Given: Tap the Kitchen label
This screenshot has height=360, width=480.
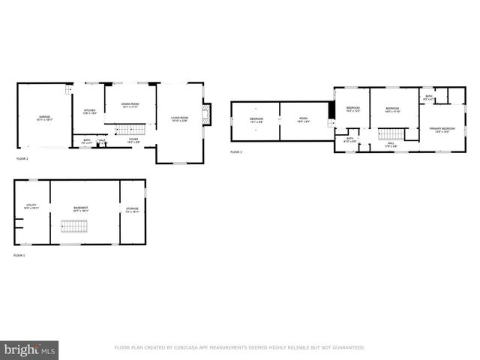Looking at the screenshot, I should pyautogui.click(x=89, y=112).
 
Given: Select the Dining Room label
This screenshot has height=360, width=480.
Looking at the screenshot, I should pyautogui.click(x=130, y=105).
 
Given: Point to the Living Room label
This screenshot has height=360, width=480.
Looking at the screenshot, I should pyautogui.click(x=179, y=118).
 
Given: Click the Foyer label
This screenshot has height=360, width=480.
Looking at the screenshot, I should pyautogui.click(x=133, y=139).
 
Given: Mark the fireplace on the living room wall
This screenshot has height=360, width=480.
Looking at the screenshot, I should pyautogui.click(x=208, y=115).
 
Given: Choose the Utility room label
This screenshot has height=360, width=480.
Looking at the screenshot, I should pyautogui.click(x=31, y=207).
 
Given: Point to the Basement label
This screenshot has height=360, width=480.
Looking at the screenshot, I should pyautogui.click(x=81, y=208).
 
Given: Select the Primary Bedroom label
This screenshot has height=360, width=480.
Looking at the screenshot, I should pyautogui.click(x=442, y=130).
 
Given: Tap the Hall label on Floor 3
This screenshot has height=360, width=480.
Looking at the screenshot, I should pyautogui.click(x=390, y=143).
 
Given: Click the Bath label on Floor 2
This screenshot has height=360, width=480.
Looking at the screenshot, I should pyautogui.click(x=87, y=140).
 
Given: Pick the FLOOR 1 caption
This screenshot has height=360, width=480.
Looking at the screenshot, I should pyautogui.click(x=19, y=256).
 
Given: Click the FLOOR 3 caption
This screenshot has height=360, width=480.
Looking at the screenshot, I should pyautogui.click(x=236, y=152).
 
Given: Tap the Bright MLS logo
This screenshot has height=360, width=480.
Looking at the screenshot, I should pyautogui.click(x=29, y=349).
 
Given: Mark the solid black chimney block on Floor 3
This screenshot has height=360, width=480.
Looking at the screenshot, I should pyautogui.click(x=331, y=109).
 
